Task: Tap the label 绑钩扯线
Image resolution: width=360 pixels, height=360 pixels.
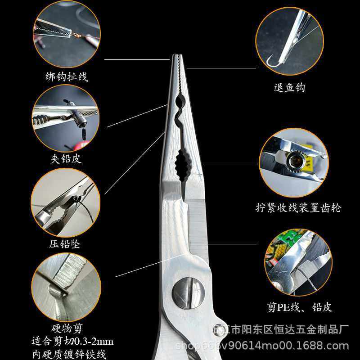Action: (x=67, y=76)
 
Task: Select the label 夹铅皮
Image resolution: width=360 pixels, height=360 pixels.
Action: (x=66, y=158)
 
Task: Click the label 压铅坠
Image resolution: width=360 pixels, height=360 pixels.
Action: (x=65, y=244)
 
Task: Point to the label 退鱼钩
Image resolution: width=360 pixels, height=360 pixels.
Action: (x=289, y=87)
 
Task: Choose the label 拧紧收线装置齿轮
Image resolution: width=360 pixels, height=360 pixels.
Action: (x=298, y=207)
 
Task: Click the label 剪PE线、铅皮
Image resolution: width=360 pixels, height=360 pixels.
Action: (x=299, y=307)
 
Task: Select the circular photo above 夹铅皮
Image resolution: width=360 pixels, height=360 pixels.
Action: (x=66, y=118)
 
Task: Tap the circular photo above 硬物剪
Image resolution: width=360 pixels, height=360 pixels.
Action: (x=66, y=287)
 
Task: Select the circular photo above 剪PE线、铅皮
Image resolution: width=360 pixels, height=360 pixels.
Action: (x=298, y=263)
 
